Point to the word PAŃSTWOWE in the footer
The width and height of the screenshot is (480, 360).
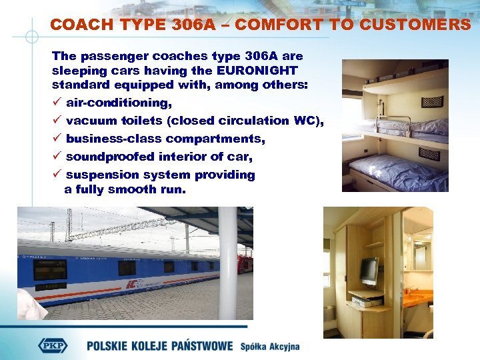[201, 346]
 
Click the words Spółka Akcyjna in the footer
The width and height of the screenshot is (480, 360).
[270, 346]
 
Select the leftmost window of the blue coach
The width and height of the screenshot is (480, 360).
[50, 269]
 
